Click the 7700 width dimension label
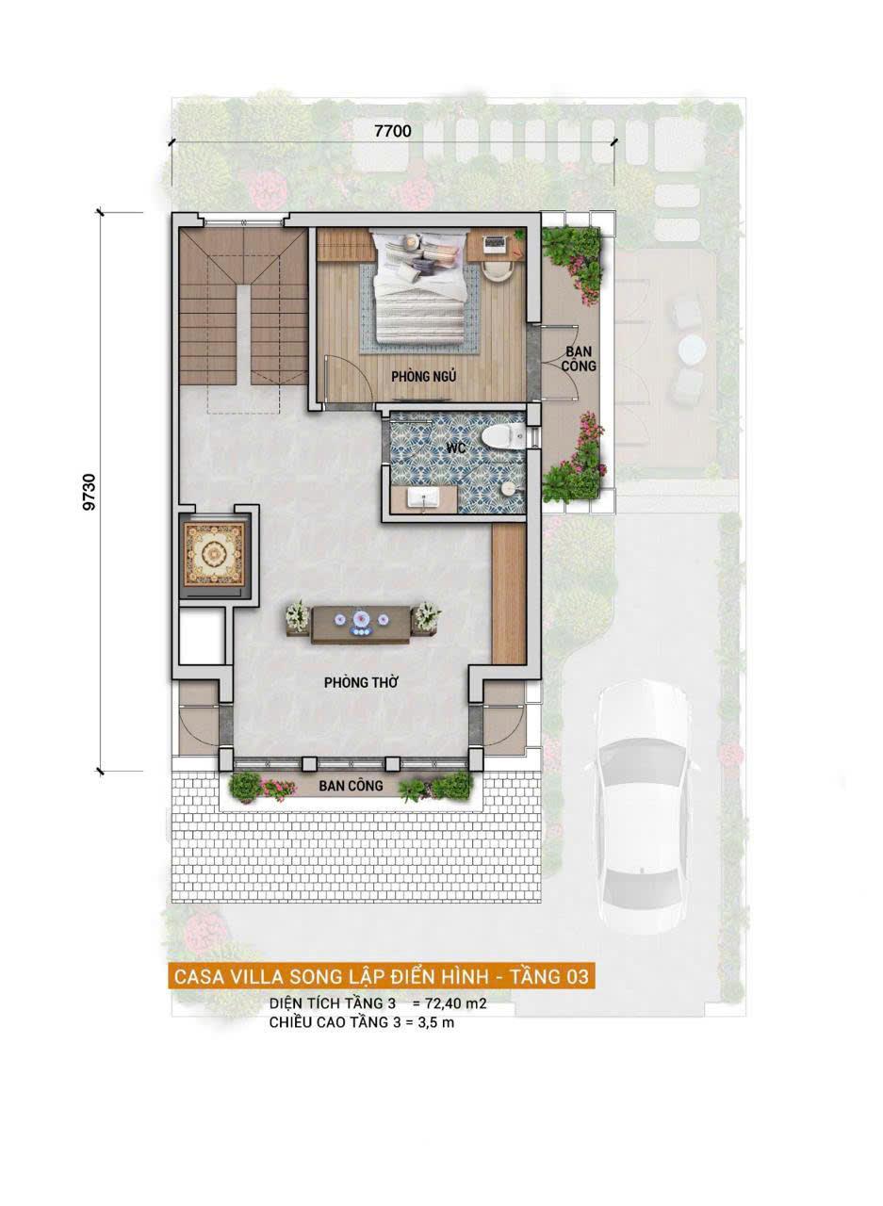click(x=393, y=131)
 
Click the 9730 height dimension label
click(x=90, y=492)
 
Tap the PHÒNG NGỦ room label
click(x=424, y=376)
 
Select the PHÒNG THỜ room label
click(x=361, y=682)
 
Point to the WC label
click(x=455, y=447)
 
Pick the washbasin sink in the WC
click(x=424, y=498)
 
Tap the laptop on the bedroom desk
click(x=495, y=244)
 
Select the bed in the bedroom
click(x=419, y=287)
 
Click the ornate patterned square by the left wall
click(x=214, y=554)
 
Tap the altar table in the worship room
click(x=361, y=624)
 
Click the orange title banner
click(x=382, y=975)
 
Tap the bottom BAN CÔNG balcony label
click(x=351, y=786)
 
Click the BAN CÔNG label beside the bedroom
click(x=579, y=359)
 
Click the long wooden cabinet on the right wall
click(x=509, y=594)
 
